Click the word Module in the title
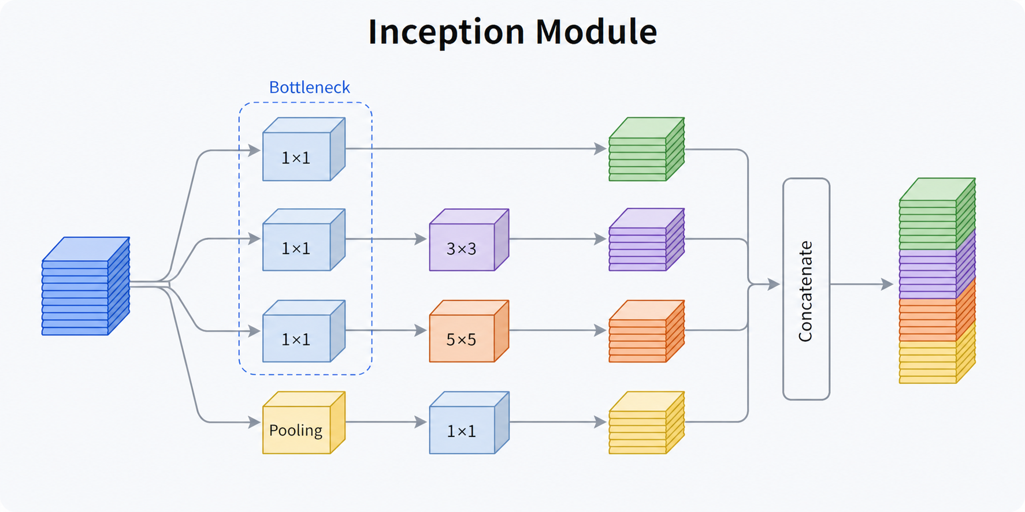point(596,31)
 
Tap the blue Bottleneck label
point(309,87)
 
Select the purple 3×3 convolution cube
point(469,240)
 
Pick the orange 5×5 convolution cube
point(469,331)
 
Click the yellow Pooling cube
point(304,423)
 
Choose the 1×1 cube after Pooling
point(469,423)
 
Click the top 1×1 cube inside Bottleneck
point(304,149)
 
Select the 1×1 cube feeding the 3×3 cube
point(304,240)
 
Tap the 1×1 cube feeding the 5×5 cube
point(304,331)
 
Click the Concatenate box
point(806,289)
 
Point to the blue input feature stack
point(86,286)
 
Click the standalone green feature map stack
point(647,149)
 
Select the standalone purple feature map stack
point(647,240)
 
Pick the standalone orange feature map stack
point(647,331)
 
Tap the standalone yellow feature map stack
point(647,423)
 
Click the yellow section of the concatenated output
point(937,358)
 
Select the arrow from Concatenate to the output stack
point(861,284)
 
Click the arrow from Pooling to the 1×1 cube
point(386,422)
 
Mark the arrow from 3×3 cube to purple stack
point(558,239)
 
